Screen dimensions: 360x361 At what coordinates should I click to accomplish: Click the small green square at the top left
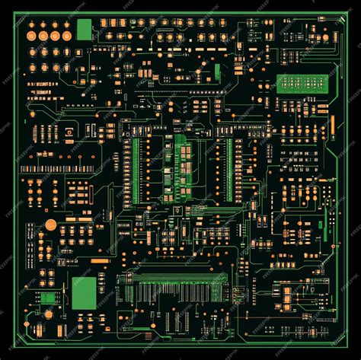84,30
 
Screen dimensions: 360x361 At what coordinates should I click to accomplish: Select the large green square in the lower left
85,292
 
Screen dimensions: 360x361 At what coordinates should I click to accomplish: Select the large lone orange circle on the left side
50,225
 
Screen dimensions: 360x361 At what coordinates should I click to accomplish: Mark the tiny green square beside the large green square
47,298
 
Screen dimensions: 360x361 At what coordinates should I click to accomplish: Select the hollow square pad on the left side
69,132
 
